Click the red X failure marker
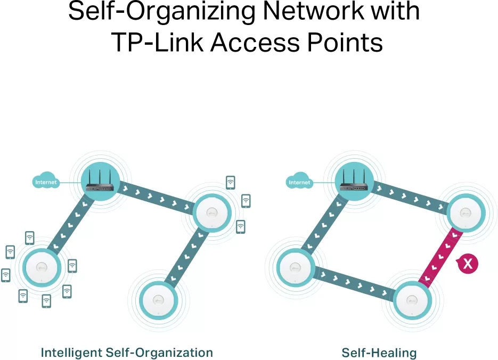pos(468,263)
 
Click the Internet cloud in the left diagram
pos(46,181)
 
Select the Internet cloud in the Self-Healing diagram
pos(299,181)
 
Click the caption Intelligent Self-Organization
pos(127,353)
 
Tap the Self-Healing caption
pos(379,353)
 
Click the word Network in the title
pos(313,11)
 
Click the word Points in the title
pos(345,43)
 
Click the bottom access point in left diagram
pos(158,300)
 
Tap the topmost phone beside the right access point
pos(231,183)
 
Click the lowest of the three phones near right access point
pos(241,227)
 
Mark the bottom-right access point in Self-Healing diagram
pos(412,300)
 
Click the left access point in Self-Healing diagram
pos(296,267)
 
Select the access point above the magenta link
pos(466,212)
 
